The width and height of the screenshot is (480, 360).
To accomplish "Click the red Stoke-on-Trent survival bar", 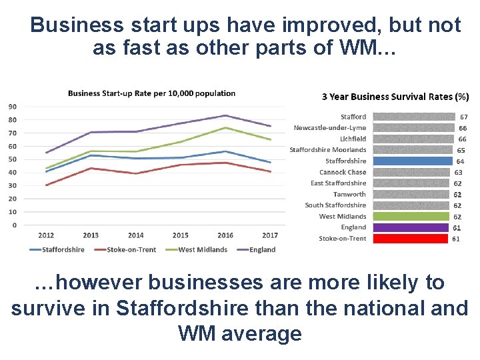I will click(409, 239).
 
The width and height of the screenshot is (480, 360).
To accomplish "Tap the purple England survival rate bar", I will click(409, 227).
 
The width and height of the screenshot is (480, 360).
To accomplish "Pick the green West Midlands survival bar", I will click(411, 216).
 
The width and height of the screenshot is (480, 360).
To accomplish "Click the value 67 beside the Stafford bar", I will click(464, 117).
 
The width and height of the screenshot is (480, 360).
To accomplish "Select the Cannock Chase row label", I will click(343, 172).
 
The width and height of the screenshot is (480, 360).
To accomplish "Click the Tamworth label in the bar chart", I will click(349, 194).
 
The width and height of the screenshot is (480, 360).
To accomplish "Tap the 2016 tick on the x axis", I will click(225, 235).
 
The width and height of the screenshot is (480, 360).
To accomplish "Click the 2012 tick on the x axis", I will click(46, 235).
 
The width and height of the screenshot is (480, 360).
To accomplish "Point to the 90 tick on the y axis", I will click(13, 107).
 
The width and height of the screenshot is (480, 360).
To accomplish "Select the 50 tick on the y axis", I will click(13, 159).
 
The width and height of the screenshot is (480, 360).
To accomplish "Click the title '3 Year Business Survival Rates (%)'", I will click(395, 97).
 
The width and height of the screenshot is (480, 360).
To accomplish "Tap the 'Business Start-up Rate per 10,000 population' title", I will click(151, 93).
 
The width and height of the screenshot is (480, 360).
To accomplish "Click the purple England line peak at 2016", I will click(225, 115).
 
